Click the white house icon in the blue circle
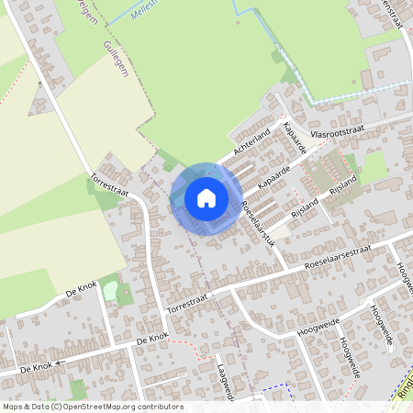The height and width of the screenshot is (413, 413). point(206,197)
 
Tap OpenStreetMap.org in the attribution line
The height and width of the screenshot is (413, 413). point(98,407)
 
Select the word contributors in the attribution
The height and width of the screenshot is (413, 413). point(160,407)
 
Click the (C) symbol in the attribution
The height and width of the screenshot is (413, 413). point(57,407)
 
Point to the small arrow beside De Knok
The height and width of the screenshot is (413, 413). point(54,363)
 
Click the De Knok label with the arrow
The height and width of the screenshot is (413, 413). point(35,367)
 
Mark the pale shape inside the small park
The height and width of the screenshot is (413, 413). point(111,290)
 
